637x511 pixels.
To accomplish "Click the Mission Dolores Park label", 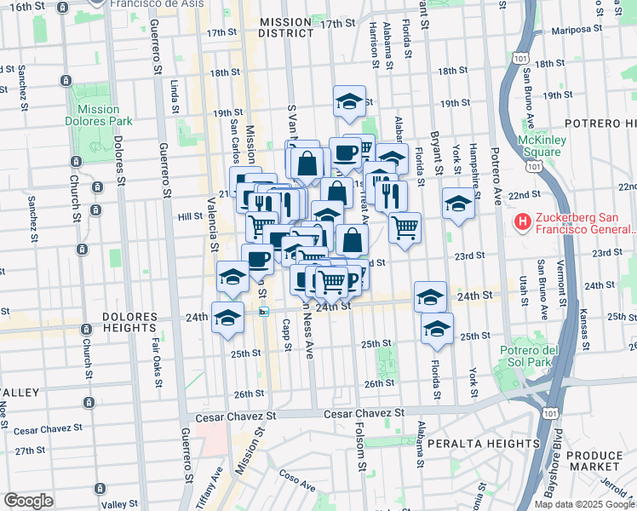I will tap(98, 115).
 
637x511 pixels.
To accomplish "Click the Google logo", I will tap(28, 500).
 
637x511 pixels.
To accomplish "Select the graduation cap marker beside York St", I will tap(457, 204).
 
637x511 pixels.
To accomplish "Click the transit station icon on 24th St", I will tap(265, 312).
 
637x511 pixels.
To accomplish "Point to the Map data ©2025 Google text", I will tap(583, 504).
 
